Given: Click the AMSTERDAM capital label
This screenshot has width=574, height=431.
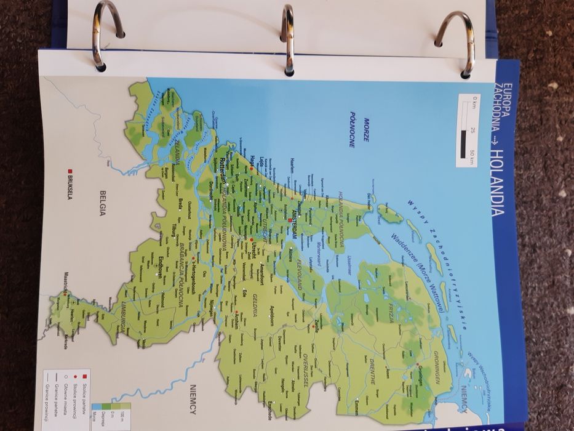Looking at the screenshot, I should [294, 224].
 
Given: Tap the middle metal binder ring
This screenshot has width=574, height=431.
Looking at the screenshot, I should [287, 40].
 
